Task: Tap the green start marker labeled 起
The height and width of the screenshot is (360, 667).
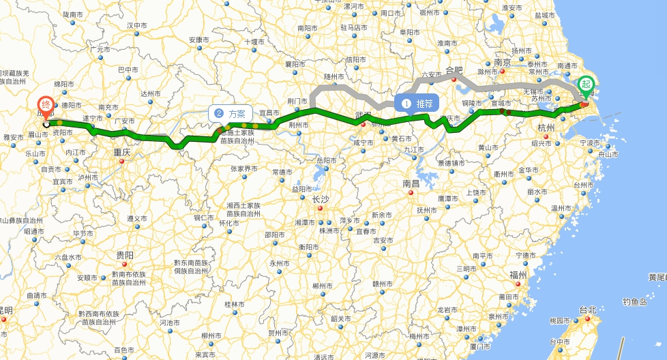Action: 584,85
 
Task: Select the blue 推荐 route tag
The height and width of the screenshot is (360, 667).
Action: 417,104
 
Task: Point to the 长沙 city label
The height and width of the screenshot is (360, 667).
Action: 321,199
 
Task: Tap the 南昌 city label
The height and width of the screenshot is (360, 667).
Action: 411,183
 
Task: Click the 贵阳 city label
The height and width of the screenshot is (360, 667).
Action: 125,255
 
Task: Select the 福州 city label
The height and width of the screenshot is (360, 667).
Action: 518,275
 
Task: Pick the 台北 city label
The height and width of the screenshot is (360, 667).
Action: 587,310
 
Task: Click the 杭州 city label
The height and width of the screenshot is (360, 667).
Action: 546,128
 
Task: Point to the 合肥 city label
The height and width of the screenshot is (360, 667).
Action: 454,70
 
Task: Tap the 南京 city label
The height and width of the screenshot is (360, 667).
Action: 503,62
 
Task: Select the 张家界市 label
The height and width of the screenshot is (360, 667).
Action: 245,168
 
